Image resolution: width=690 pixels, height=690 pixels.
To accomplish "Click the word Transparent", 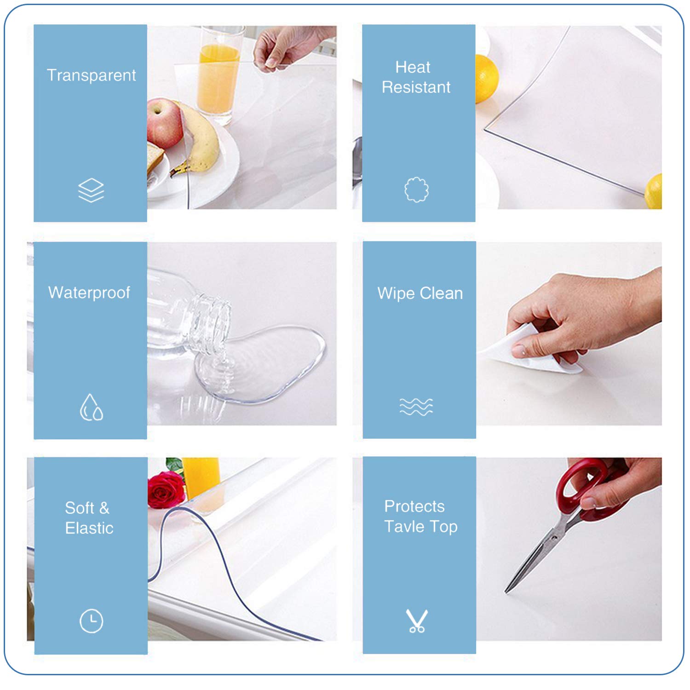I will [91, 75].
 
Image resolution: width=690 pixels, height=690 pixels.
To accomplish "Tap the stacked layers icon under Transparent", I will [91, 190].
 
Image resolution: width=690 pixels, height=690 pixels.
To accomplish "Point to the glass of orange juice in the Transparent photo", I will [219, 76].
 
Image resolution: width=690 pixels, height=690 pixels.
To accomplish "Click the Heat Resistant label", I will [416, 77].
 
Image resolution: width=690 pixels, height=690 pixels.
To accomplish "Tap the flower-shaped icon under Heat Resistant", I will [416, 190].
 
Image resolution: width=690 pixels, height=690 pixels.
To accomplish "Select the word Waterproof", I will [89, 293].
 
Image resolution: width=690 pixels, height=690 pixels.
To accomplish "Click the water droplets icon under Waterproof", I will [91, 408].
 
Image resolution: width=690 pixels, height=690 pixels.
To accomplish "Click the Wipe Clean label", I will [420, 293].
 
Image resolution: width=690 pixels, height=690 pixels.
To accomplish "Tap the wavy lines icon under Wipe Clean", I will [416, 407].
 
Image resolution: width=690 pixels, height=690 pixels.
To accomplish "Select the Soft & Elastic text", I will [89, 518].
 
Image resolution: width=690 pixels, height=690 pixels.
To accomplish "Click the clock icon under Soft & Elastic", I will [91, 621].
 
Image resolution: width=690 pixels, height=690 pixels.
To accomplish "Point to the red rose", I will [166, 490].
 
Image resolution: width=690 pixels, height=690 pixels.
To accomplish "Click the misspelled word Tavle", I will [404, 527].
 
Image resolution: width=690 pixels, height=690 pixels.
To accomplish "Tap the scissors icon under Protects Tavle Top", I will [417, 621].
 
